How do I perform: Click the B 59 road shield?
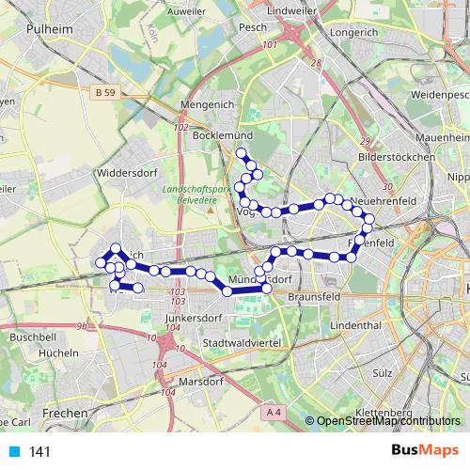click(x=106, y=92)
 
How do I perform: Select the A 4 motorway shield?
click(x=274, y=412)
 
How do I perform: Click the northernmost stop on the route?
click(x=241, y=152)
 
